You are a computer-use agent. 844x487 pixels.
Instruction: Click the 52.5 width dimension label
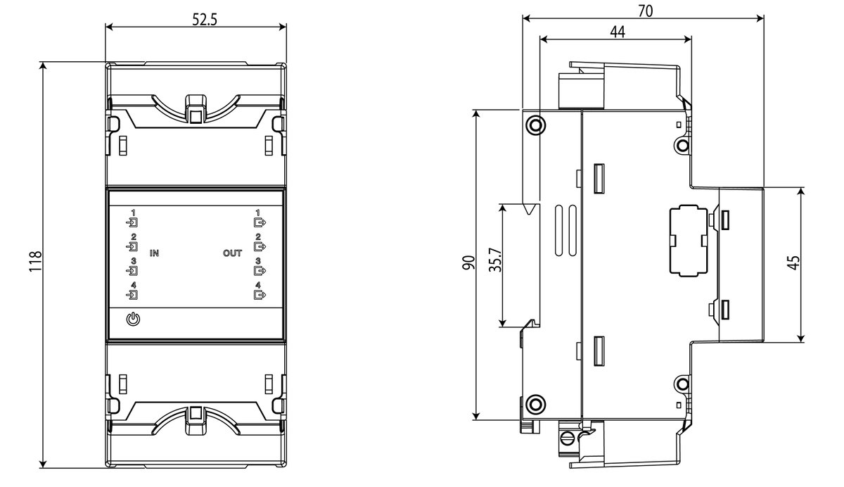click(205, 20)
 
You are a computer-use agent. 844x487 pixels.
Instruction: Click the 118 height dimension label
click(35, 261)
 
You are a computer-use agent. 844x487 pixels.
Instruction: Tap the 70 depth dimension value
click(646, 11)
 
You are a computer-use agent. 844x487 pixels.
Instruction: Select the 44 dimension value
click(618, 32)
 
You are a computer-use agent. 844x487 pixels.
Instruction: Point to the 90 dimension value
click(468, 263)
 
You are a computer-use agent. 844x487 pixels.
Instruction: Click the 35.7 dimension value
click(495, 260)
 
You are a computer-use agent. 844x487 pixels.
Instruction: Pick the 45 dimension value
click(794, 263)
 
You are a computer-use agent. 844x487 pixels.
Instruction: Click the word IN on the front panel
click(154, 253)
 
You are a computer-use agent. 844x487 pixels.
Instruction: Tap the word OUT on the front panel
click(233, 253)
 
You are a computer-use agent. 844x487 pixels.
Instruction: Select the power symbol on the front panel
click(134, 320)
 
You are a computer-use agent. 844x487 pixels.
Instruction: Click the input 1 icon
click(132, 223)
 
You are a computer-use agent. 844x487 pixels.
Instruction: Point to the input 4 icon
click(132, 295)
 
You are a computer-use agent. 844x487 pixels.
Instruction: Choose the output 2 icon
click(260, 246)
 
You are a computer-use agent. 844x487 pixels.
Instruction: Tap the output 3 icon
click(260, 271)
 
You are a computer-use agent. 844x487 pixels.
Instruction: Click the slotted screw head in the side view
click(567, 438)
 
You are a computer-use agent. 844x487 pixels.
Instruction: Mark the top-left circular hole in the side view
click(535, 125)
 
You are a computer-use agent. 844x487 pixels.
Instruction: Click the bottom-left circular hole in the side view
click(535, 405)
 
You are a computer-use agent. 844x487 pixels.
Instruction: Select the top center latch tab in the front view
click(196, 109)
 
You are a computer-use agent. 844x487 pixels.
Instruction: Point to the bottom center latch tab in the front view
click(196, 420)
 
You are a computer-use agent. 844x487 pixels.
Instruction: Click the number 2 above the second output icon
click(258, 236)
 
